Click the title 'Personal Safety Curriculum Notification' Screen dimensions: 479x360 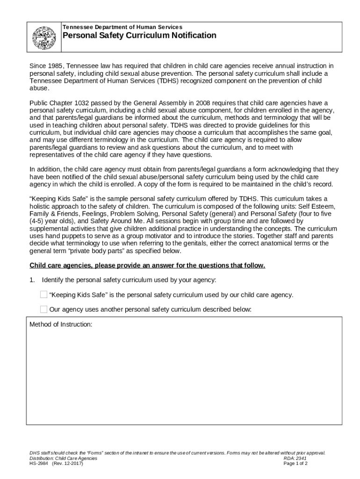pos(139,36)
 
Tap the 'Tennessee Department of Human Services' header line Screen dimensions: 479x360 pos(122,27)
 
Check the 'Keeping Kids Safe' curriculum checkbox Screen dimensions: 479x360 pos(43,295)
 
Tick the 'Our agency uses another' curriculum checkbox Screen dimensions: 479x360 pos(43,309)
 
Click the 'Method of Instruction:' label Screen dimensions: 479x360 pos(61,324)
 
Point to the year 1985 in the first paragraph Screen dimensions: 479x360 pos(56,66)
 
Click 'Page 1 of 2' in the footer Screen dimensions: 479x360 pos(295,464)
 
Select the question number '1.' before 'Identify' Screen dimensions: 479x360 pos(32,280)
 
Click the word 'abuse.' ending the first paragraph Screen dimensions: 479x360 pos(39,88)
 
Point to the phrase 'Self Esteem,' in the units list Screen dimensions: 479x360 pos(310,206)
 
